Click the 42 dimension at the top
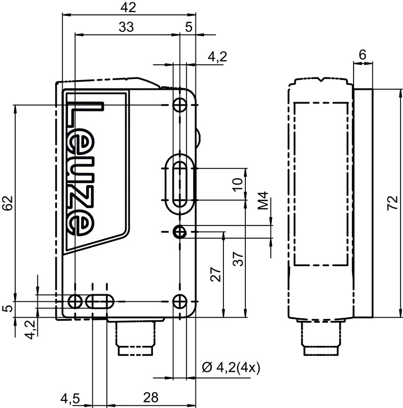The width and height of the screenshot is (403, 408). pos(129,8)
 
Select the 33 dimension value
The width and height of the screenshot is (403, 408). pos(127,27)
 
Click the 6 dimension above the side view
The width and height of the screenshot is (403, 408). pos(362,55)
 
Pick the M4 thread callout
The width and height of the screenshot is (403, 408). pos(263,200)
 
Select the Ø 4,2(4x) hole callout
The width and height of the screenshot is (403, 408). pos(231,368)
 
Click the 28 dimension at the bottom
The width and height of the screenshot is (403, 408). pos(150,397)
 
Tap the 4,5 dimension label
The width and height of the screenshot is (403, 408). pos(70,399)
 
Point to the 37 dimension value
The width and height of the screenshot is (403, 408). pos(238,259)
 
